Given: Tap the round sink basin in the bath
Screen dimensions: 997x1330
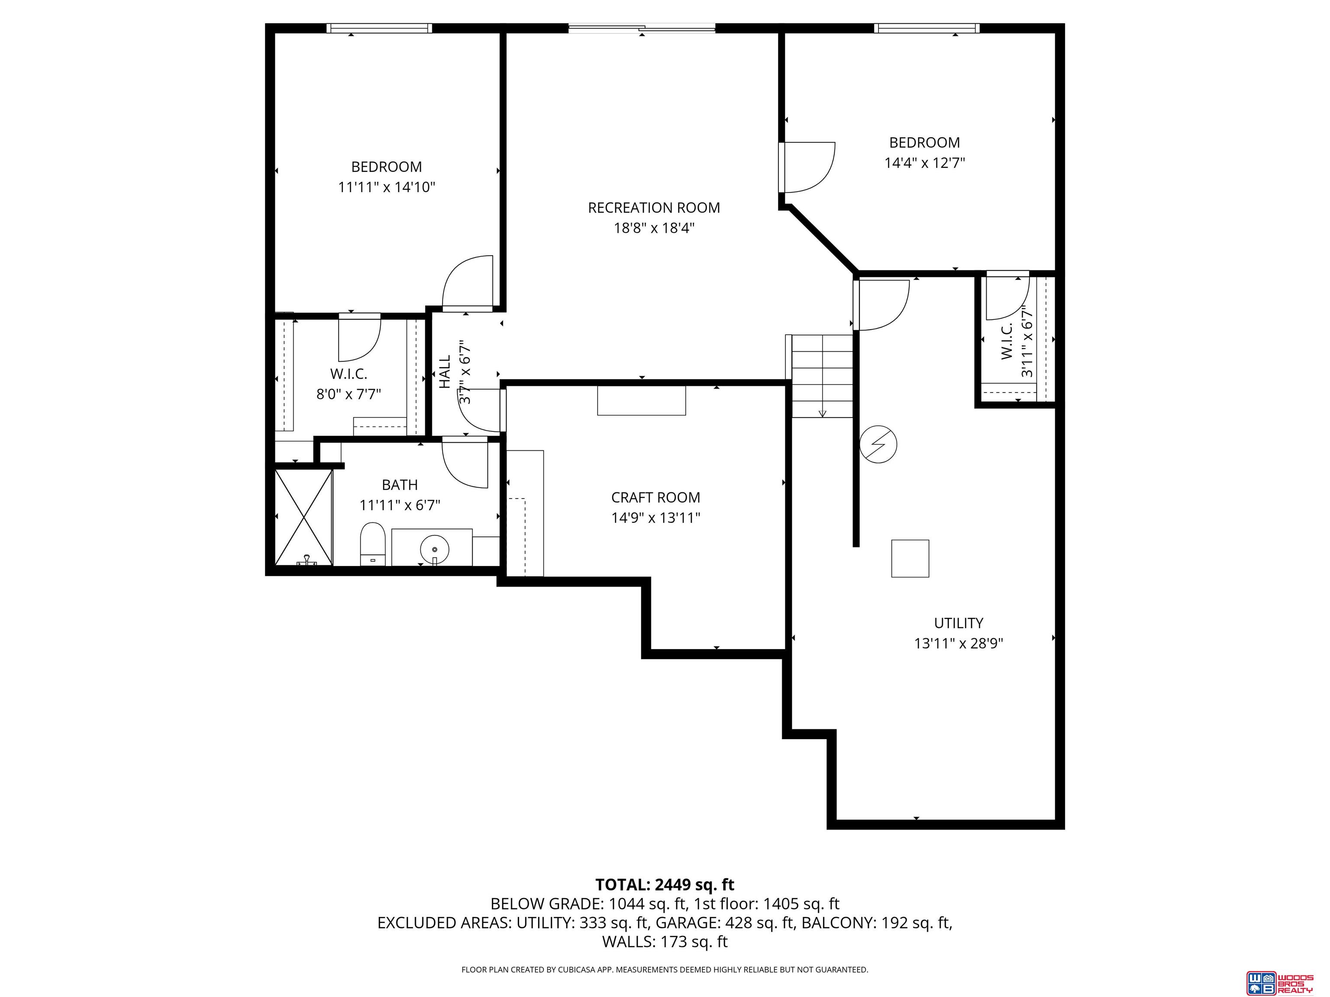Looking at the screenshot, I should point(434,549).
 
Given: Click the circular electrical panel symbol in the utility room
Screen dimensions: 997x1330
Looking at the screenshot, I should point(878,445).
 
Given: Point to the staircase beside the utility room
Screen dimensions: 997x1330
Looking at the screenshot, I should point(821,376).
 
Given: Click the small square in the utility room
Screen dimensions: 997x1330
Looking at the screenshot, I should point(910,558).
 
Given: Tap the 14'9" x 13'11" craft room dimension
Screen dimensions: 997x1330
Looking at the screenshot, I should point(655,518).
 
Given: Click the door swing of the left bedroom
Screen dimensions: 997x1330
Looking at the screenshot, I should point(468,283).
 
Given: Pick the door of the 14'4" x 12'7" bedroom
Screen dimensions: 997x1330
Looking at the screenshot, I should point(807,167).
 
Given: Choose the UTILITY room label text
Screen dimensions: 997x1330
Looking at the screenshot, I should point(959,623).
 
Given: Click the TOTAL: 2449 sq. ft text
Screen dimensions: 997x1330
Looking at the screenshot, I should point(665,884).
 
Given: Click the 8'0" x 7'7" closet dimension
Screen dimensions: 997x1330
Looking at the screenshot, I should point(349,394).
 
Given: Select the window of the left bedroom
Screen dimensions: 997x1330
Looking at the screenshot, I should point(379,28).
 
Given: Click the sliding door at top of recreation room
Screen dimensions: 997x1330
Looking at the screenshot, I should point(642,28).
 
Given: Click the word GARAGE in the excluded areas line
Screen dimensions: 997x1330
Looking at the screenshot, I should point(689,923).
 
